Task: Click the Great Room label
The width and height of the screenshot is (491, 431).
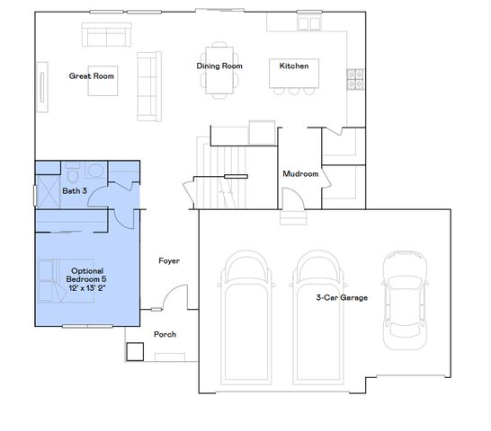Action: point(93,76)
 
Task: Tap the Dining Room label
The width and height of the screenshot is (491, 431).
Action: point(220,66)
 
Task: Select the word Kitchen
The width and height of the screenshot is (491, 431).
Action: point(294,66)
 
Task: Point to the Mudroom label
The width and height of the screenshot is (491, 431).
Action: point(300,173)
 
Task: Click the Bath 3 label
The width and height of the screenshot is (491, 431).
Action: point(75,190)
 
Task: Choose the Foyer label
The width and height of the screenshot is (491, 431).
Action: point(168,261)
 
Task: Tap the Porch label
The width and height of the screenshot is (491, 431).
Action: point(165,335)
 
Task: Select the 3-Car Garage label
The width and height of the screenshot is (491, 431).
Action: point(342,296)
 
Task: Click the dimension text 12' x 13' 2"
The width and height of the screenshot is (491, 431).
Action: point(87,289)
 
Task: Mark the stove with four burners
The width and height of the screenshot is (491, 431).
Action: point(355,80)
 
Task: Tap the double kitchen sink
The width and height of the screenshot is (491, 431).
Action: point(310,22)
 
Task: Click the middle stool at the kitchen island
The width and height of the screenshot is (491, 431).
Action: point(293,91)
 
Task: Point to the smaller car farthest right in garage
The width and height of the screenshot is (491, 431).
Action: point(400,298)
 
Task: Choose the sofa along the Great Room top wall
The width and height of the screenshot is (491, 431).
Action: point(106,35)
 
